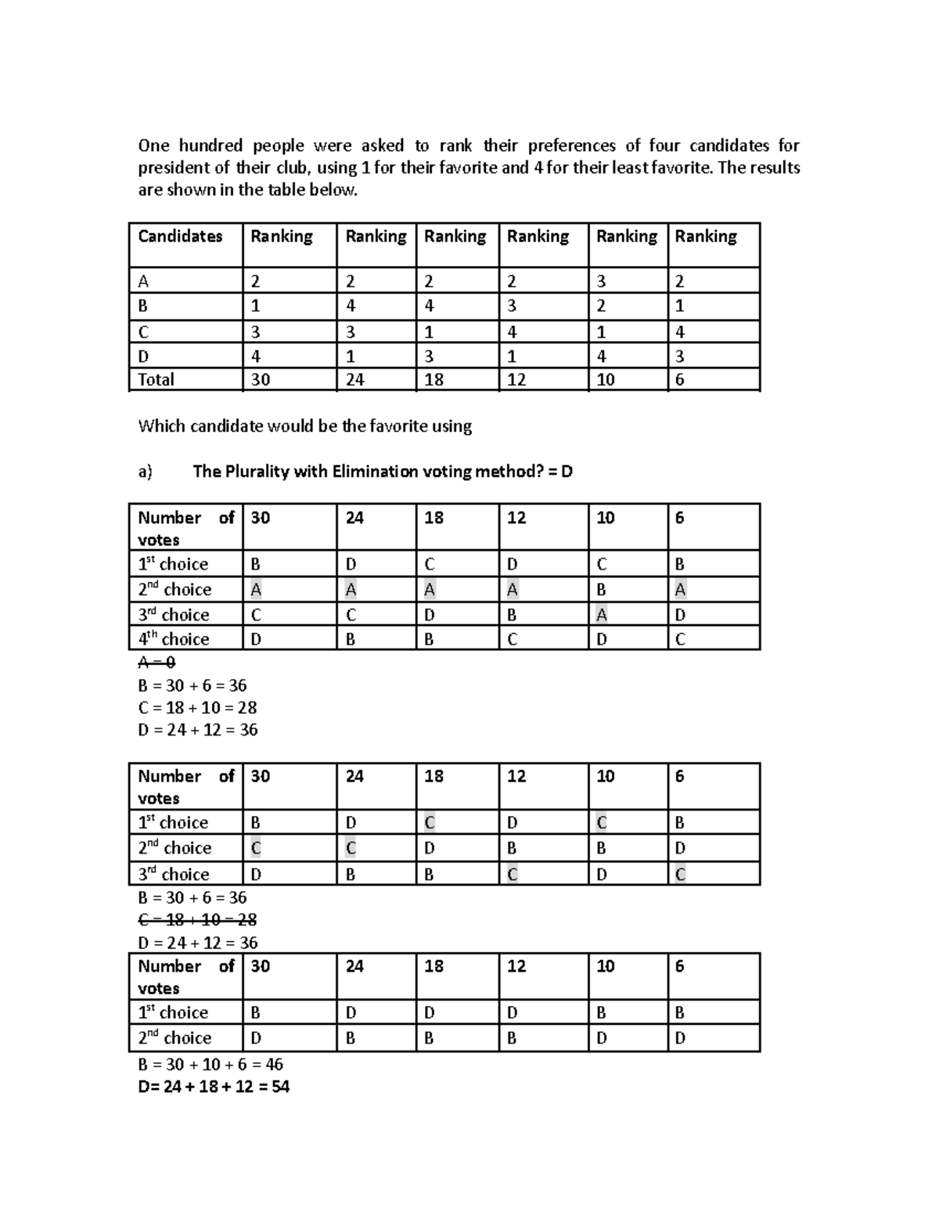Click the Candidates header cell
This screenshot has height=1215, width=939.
coord(180,236)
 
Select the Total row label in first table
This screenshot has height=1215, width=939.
coord(156,380)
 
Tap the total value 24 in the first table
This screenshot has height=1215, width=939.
coord(354,380)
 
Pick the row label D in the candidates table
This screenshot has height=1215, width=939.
coord(143,357)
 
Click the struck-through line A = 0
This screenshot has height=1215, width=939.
coord(156,663)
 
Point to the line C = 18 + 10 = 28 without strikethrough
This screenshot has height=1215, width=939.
coord(197,707)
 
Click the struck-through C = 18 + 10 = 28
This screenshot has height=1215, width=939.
coord(197,920)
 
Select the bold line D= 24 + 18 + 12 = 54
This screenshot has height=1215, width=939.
coord(214,1086)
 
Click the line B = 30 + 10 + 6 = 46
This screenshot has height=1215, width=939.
coord(210,1064)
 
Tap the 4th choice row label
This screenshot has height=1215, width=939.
coord(174,639)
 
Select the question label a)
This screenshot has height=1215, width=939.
coord(145,472)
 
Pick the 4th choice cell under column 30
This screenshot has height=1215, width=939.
coord(256,639)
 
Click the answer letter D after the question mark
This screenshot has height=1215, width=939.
coord(567,472)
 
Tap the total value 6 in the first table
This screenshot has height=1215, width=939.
coord(679,380)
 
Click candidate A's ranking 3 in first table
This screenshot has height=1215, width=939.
coord(601,282)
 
